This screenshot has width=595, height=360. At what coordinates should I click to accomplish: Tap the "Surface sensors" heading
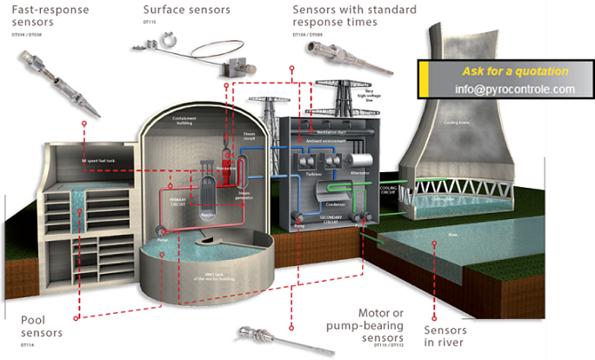tap(187, 10)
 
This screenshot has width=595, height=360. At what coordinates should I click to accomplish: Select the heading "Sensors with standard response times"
tap(352, 16)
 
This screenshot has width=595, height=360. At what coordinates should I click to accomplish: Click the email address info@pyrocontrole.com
tap(514, 90)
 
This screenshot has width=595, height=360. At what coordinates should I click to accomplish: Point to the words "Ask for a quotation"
tap(516, 71)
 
